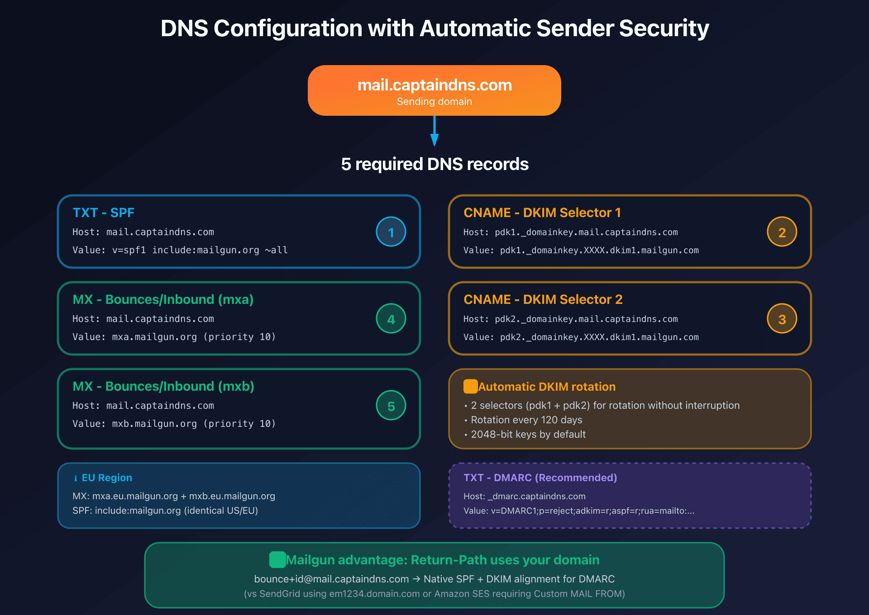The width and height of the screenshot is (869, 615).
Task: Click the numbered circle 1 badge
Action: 391,232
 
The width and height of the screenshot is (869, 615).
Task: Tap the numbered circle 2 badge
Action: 782,232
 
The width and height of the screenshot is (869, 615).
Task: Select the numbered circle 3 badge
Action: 782,319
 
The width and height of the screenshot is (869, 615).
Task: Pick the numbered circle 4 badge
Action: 391,319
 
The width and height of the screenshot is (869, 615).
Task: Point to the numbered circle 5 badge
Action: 391,406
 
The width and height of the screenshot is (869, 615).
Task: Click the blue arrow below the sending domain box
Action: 434,131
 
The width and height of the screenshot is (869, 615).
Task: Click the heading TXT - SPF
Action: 103,213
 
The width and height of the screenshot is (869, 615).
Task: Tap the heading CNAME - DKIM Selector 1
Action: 542,213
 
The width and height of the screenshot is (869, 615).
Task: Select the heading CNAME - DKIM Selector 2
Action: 543,299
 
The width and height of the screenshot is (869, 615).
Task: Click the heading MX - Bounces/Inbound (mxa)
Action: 163,299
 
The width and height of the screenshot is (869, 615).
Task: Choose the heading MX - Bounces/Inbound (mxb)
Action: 163,386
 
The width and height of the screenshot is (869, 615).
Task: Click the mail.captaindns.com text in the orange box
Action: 434,85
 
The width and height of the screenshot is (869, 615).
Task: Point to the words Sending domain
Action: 434,102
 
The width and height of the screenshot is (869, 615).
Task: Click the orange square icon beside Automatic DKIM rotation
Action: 470,387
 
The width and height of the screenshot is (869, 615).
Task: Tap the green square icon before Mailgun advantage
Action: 277,560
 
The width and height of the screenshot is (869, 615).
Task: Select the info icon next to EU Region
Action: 76,478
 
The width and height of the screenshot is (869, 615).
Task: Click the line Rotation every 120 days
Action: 526,420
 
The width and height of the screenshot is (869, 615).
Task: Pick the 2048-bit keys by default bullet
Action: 528,434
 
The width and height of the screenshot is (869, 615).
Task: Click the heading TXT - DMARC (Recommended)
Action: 540,478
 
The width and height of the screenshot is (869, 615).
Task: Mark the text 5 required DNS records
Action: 434,164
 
